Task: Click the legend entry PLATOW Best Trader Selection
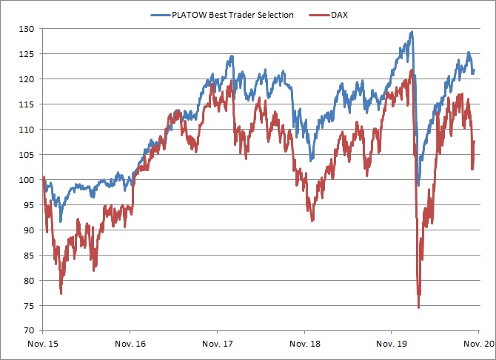232,15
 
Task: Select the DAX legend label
339,15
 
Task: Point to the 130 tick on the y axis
26,29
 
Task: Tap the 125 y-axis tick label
26,54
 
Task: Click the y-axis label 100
26,180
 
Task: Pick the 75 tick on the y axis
28,306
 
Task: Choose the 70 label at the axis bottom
28,330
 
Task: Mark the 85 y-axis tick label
28,256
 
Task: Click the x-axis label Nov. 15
43,344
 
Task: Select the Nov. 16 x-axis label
130,344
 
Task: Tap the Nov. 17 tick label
218,344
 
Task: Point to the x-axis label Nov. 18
304,344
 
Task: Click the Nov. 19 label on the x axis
392,344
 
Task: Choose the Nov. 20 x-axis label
478,344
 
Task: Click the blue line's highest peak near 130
412,32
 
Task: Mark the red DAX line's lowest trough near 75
418,307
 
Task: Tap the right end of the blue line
474,70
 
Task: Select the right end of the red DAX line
474,141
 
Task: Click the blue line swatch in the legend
161,15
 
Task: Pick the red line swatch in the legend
319,15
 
